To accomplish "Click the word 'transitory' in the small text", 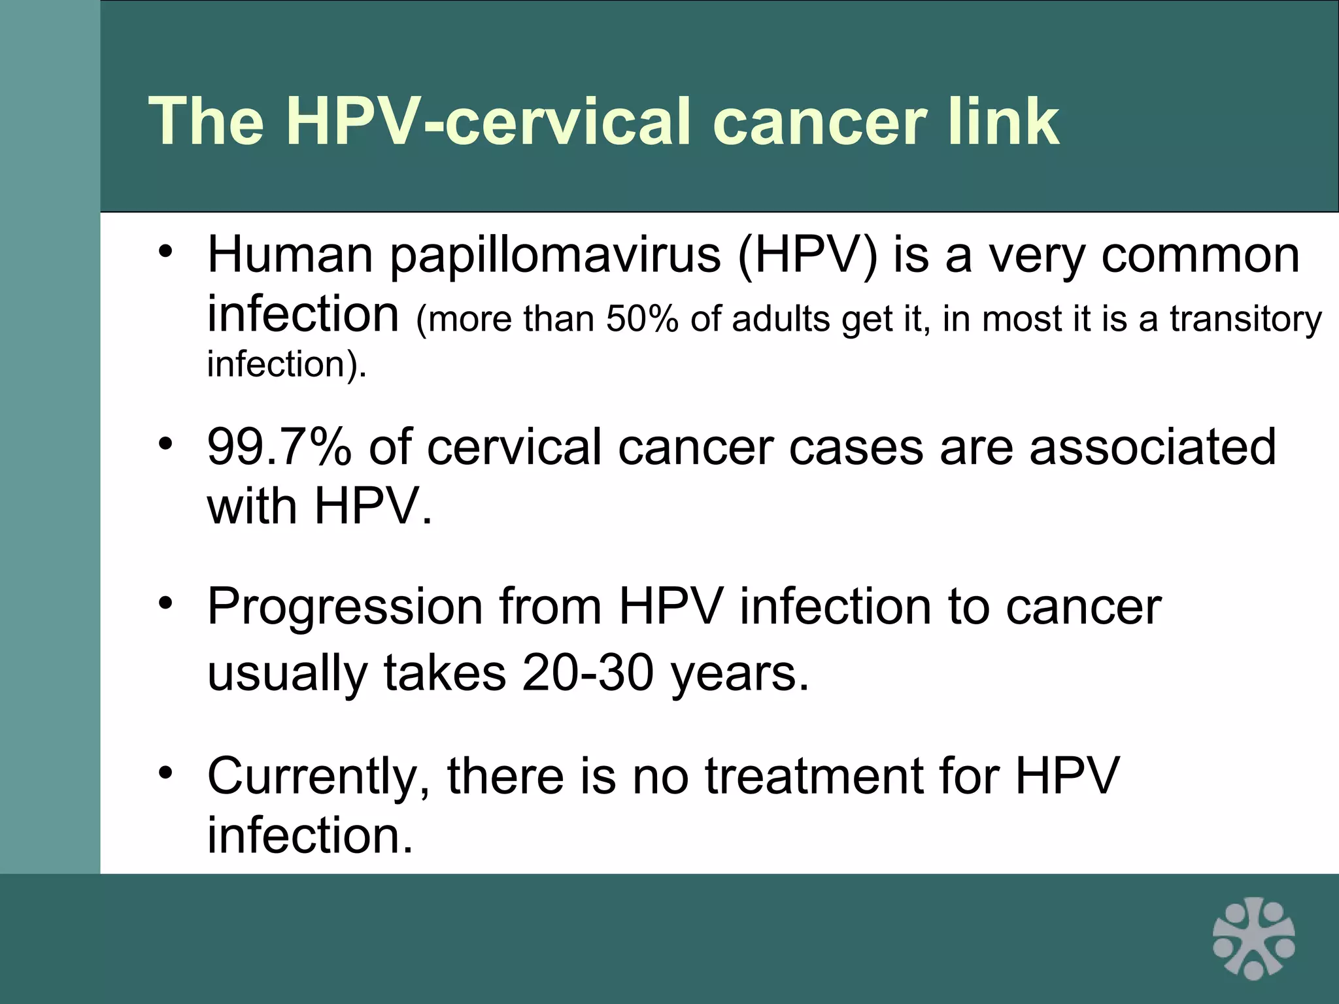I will (x=1246, y=320).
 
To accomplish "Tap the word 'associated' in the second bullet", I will (x=1152, y=447).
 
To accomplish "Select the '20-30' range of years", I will (x=588, y=673).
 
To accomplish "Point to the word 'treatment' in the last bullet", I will (x=814, y=777).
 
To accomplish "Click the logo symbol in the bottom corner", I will (x=1253, y=938).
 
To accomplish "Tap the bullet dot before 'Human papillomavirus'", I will (x=166, y=251).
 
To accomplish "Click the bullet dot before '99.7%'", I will (x=166, y=443).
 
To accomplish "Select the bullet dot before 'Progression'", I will (x=166, y=603).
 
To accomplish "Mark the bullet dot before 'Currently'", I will (x=166, y=772).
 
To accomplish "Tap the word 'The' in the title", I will (x=207, y=121).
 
